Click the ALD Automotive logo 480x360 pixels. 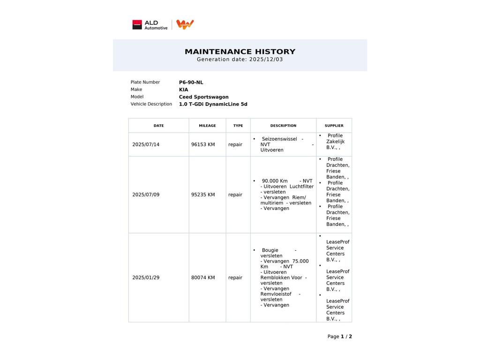150,25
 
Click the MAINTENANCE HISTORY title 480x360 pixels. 240,52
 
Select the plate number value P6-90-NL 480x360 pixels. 191,82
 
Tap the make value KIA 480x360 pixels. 183,90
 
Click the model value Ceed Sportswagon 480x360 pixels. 203,97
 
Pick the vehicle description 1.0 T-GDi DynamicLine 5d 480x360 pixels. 213,104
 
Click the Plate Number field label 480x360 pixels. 145,82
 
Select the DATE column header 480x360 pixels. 158,126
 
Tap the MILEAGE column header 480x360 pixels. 207,126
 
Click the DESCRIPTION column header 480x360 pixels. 283,126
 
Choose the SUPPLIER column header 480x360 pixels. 334,126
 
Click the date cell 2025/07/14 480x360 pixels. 146,144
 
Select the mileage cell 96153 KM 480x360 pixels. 203,144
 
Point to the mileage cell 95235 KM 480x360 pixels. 203,195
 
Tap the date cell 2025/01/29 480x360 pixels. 146,277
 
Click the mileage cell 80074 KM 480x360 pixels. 203,277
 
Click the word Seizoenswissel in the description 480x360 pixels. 279,139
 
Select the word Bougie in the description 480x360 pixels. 270,250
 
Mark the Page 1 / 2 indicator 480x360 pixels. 339,337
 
